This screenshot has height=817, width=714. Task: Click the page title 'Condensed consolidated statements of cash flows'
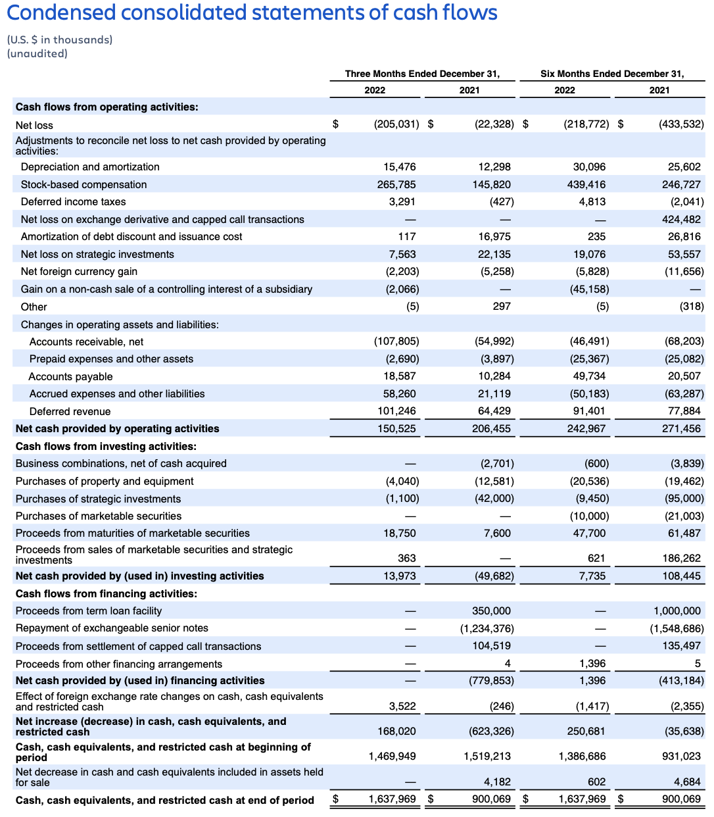point(252,12)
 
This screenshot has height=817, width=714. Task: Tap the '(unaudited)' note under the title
point(37,54)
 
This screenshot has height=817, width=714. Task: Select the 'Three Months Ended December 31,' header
point(422,74)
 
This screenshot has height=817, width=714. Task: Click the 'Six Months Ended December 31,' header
point(612,74)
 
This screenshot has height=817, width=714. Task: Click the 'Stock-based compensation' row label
point(83,185)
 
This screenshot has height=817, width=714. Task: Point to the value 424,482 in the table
point(681,219)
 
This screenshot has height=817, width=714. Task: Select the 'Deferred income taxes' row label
point(73,202)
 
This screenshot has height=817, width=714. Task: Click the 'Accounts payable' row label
point(70,377)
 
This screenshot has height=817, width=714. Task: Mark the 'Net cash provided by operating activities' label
point(117,429)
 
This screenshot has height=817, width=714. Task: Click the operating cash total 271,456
point(681,429)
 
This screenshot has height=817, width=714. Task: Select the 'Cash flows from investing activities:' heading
point(106,446)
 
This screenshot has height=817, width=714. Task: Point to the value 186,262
point(681,558)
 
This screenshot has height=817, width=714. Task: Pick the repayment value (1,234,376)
point(487,629)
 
